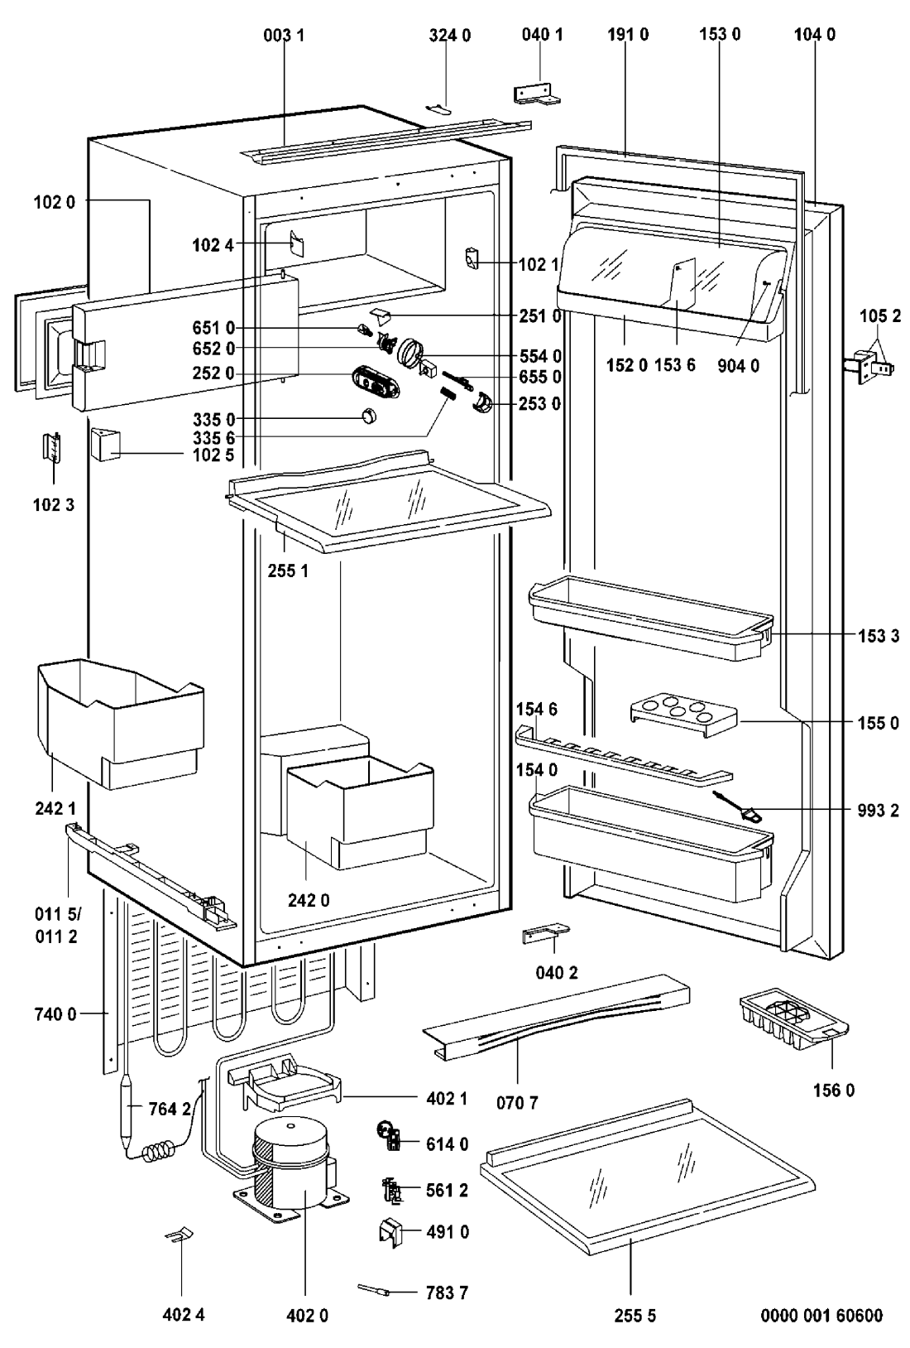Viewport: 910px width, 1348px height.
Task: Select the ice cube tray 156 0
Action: (793, 1020)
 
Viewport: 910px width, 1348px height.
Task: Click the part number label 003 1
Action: (285, 36)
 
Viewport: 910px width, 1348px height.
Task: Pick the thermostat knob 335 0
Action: (369, 415)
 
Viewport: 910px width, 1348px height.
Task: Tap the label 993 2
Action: (878, 811)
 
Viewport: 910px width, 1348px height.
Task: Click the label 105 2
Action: (880, 316)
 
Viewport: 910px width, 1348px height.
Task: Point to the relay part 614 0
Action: (389, 1135)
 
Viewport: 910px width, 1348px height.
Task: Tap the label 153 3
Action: (879, 636)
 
